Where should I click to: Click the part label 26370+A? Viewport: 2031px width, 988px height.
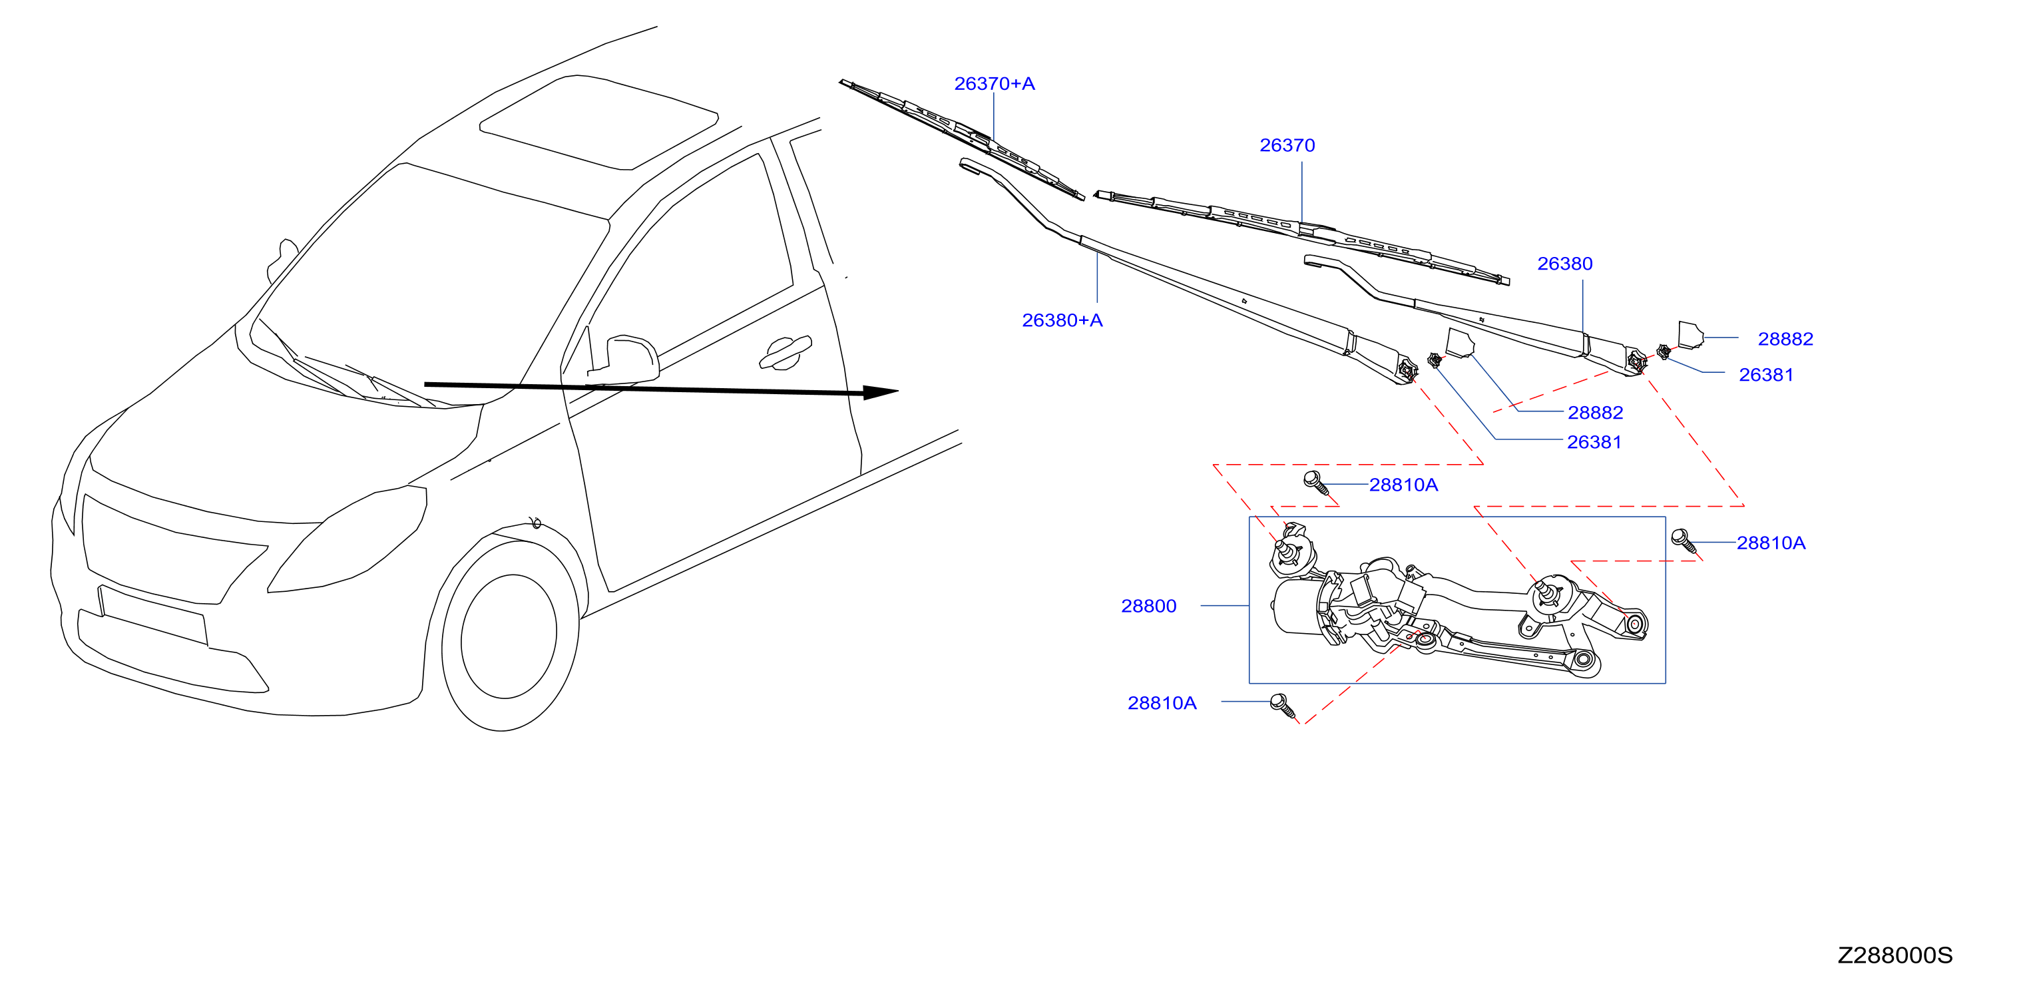[x=995, y=84]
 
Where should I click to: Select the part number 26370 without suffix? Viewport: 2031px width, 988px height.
[x=1287, y=145]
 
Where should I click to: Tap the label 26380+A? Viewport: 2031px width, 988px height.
[x=1062, y=320]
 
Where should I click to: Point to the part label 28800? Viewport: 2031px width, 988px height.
[x=1149, y=606]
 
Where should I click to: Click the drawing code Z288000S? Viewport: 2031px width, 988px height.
[x=1895, y=955]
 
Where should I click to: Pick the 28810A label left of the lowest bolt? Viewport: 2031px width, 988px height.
[x=1162, y=702]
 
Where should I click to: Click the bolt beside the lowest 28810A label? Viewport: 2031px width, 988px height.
[x=1283, y=706]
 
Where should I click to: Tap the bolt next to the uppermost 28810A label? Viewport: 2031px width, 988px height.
[x=1316, y=482]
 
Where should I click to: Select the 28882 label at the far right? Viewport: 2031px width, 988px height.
[x=1786, y=339]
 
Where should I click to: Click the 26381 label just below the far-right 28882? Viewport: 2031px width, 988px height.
[x=1766, y=375]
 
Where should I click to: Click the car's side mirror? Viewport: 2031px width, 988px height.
[x=632, y=360]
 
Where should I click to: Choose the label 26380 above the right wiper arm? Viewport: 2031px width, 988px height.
[x=1565, y=264]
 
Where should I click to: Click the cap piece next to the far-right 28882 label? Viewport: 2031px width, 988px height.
[x=1690, y=334]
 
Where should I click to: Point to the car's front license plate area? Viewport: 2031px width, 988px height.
[x=153, y=615]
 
